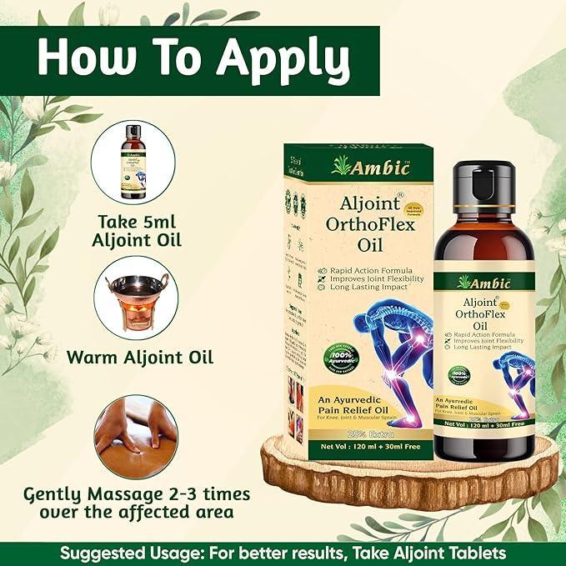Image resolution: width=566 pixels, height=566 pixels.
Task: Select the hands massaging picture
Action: [136, 434]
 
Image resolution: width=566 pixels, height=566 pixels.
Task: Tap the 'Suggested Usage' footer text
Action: [283, 552]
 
